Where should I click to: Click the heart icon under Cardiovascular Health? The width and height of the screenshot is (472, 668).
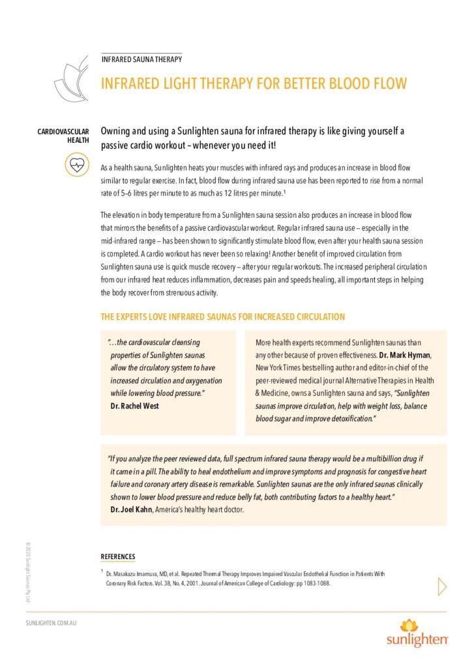click(76, 166)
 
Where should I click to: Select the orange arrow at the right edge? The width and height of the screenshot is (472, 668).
click(443, 586)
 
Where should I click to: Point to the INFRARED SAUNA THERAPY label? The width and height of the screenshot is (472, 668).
click(141, 59)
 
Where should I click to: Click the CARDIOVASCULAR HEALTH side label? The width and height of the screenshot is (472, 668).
click(63, 136)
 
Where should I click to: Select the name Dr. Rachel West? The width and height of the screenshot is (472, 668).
click(135, 406)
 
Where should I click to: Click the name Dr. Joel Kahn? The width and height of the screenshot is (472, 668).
click(131, 509)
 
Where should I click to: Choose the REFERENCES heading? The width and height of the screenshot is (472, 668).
click(118, 556)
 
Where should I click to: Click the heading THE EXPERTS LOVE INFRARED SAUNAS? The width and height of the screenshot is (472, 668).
click(222, 317)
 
